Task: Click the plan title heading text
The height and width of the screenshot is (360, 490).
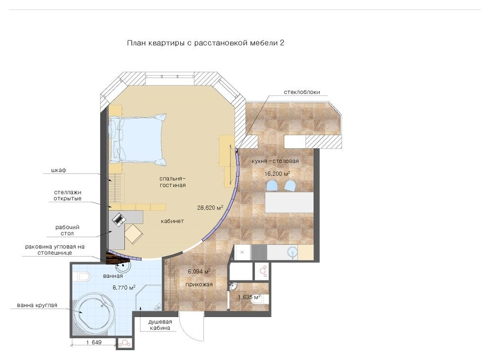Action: coord(205,43)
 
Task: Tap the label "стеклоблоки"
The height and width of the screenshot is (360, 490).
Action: coord(302,92)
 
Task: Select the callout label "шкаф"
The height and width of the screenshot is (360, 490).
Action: coord(59,170)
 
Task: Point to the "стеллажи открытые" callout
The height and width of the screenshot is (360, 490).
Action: coord(67,195)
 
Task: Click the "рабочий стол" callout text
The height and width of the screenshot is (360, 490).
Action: coord(67,230)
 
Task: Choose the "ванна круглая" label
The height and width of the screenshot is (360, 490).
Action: coord(37,305)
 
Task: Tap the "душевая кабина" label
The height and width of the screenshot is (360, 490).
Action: coord(160,325)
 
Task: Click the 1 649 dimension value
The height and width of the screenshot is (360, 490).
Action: coord(94,342)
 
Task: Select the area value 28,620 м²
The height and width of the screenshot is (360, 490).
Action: coord(210,207)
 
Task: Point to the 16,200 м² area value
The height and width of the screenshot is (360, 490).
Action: coord(278,174)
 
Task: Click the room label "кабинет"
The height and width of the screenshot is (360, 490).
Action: coord(172,221)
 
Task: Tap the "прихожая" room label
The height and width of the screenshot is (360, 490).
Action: coord(199,284)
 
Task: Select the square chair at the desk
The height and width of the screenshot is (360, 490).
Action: coord(134,234)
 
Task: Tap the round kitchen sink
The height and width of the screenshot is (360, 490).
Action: coord(292,252)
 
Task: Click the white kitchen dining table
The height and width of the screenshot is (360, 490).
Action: coord(289,202)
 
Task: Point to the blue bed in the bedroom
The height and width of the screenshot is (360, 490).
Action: coord(138,139)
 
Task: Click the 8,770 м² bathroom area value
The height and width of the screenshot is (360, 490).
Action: coord(124,288)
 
